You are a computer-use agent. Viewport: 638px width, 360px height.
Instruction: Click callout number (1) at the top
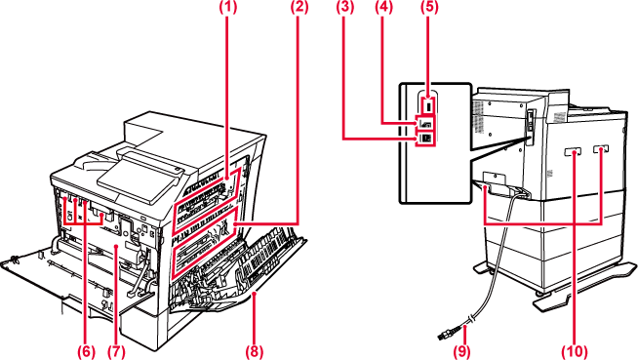228,8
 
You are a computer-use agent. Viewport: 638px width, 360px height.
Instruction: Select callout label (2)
299,8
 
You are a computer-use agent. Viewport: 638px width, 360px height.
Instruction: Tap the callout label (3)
344,8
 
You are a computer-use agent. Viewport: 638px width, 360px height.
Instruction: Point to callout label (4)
383,8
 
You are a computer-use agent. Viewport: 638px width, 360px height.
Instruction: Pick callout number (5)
429,8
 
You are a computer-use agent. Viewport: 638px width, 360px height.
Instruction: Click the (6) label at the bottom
86,352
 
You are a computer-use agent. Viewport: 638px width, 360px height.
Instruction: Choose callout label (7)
116,352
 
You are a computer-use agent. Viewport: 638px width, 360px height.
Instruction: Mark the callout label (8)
255,352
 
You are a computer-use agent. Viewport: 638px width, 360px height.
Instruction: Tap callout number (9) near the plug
461,352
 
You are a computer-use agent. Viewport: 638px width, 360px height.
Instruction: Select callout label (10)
575,352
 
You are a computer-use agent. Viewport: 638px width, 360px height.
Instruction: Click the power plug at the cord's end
448,333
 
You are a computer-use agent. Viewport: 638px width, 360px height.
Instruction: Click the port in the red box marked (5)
427,105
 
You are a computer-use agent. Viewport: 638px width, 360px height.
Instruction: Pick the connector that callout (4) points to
425,123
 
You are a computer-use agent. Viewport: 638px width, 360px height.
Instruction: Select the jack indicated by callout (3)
425,139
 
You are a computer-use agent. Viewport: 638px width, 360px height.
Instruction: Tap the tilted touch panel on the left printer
140,178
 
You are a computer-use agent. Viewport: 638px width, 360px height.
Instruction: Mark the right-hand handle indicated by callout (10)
601,149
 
